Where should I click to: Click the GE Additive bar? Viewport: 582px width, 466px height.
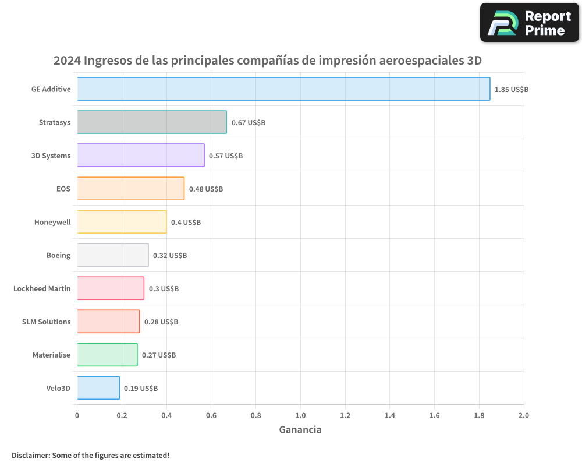click(x=283, y=89)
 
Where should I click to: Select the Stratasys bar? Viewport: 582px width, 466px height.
click(x=152, y=122)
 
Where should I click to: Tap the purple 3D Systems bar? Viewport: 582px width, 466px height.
click(x=141, y=156)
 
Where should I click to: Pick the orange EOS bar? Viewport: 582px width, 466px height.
click(x=131, y=189)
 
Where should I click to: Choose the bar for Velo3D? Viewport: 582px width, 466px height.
click(x=98, y=388)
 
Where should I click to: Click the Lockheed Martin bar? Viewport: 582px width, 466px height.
click(x=111, y=288)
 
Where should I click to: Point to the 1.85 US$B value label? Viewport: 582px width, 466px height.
click(x=512, y=90)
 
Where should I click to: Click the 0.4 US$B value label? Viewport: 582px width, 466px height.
click(x=186, y=223)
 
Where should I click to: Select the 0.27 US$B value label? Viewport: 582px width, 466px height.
click(x=159, y=355)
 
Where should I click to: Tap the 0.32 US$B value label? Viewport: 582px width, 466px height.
click(x=170, y=256)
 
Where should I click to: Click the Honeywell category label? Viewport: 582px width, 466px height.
click(x=52, y=222)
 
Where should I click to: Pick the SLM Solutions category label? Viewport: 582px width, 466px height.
click(x=47, y=322)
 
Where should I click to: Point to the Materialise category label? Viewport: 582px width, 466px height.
click(x=51, y=355)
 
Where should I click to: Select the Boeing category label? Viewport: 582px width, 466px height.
click(x=58, y=255)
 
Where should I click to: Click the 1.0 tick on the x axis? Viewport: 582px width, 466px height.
click(x=300, y=415)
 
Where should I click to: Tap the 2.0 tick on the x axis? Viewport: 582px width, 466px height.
click(x=524, y=415)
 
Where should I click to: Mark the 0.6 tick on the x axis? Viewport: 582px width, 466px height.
click(x=211, y=415)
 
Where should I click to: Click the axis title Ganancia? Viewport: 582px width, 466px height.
click(x=300, y=430)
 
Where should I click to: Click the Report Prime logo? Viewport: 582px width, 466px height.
click(x=530, y=23)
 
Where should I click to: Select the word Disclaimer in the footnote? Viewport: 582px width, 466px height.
click(x=30, y=455)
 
